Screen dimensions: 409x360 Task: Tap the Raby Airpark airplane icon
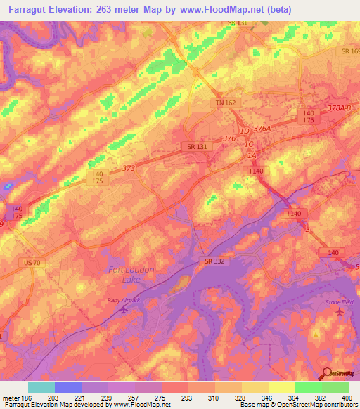pos(125,308)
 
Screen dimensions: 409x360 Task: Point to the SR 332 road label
pos(214,261)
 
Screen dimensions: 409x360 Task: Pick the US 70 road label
pos(32,262)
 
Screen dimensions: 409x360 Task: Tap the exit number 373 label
pos(129,168)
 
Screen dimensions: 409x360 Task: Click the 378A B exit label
pos(337,108)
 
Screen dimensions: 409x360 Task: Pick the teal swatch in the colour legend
pos(41,387)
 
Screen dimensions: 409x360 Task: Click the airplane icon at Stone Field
pos(341,311)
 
